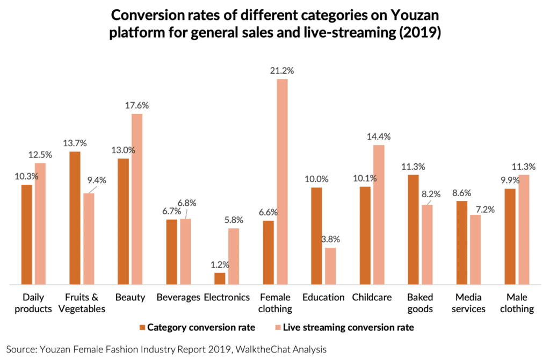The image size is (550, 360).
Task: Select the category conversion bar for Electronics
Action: coord(220,278)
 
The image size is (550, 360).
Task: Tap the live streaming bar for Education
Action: coord(330,265)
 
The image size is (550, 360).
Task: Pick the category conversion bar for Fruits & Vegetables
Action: coord(75,218)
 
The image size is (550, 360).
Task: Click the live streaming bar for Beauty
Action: coord(137,199)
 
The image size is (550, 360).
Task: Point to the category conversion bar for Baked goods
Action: coord(413,229)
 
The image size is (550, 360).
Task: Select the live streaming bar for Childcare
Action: coord(379,214)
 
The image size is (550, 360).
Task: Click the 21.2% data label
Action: coord(282,70)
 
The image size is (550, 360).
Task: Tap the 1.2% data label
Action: coord(220,264)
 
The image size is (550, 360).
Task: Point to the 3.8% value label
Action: coord(330,239)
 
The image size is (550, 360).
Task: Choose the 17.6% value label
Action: coord(137,105)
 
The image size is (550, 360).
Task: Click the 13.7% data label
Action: coord(75,143)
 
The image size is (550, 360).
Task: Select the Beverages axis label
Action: coord(178,297)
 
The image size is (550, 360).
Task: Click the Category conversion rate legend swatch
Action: coord(142,327)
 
